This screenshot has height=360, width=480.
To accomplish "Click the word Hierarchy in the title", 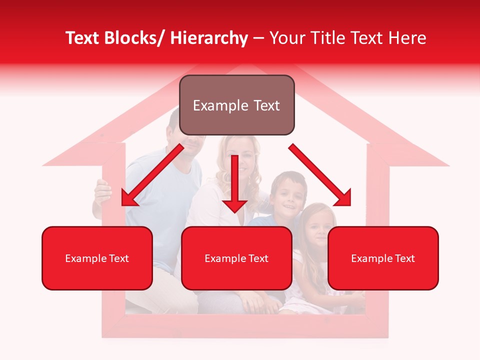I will [x=209, y=38].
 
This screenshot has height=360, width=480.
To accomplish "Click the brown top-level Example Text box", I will [x=236, y=105].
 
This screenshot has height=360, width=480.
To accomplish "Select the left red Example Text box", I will [x=97, y=258].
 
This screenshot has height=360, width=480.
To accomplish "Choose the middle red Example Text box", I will [x=236, y=258].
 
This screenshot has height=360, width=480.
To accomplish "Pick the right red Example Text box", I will [x=383, y=258].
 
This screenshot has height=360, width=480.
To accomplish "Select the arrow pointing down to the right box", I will [x=320, y=174].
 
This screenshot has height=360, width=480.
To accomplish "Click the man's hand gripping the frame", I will [x=102, y=192].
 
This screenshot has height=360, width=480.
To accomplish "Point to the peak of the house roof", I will [x=245, y=67].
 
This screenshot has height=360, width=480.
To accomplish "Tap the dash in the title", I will [x=258, y=39].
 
